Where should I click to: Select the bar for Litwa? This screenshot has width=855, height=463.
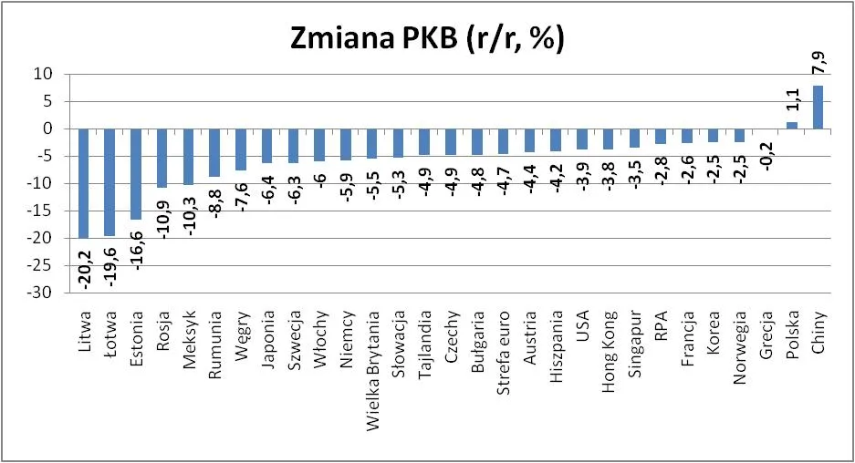click(x=83, y=182)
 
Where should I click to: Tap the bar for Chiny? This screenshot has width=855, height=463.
click(x=818, y=107)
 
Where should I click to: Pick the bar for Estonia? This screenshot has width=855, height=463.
click(x=136, y=173)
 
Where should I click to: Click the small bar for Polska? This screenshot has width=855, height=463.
click(x=791, y=125)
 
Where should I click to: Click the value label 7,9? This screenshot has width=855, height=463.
click(x=819, y=64)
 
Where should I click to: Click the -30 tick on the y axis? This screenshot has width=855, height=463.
click(x=42, y=293)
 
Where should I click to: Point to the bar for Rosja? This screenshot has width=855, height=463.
click(x=162, y=158)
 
